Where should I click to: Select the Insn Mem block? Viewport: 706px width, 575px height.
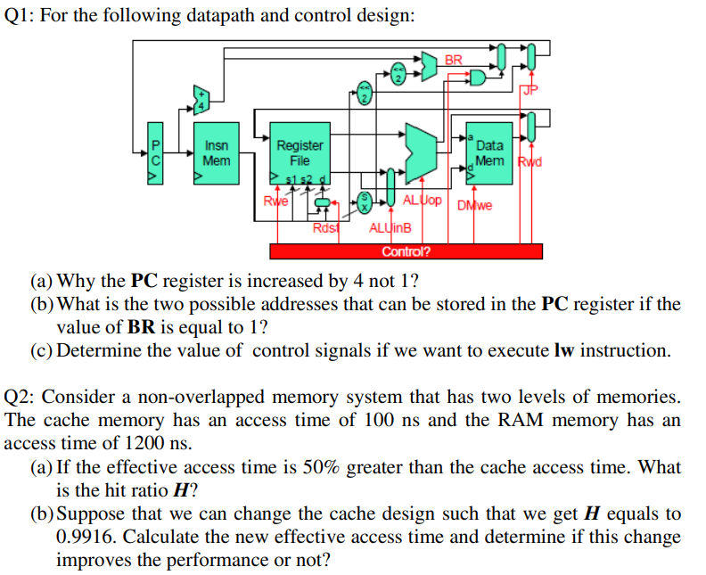[216, 153]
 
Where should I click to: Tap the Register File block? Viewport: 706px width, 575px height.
[300, 153]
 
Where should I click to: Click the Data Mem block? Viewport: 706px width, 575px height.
[489, 152]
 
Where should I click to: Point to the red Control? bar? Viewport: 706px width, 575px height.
[406, 251]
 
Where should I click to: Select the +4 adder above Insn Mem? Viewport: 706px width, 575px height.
[201, 99]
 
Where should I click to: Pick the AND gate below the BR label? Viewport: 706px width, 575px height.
[478, 78]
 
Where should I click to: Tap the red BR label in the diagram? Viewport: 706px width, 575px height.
[454, 60]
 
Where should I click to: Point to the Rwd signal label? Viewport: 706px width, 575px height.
[531, 162]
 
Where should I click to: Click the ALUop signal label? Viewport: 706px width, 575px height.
[422, 200]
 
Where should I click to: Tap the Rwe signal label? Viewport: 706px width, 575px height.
[272, 201]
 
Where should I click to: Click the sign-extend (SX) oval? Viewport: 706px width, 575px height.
[363, 201]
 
